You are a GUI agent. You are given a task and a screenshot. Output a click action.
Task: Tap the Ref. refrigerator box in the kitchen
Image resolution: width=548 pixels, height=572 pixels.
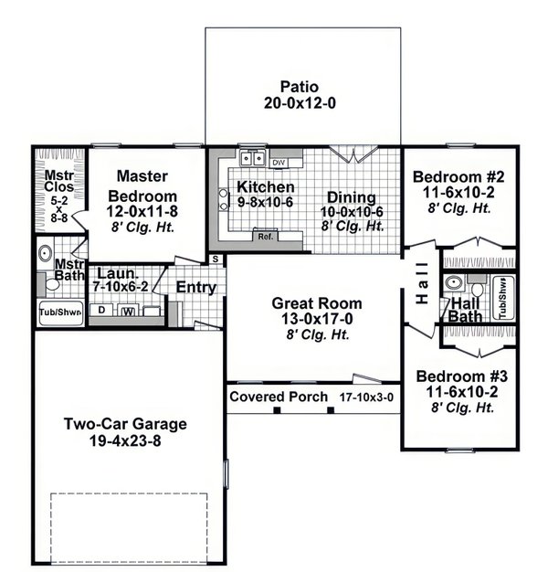(266, 237)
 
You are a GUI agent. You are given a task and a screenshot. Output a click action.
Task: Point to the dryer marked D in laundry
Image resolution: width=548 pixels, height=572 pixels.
(101, 311)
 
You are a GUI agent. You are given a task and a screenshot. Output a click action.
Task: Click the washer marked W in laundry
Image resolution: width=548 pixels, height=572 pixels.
(128, 311)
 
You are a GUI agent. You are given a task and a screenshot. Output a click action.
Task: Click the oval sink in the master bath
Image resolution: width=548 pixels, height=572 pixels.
(44, 252)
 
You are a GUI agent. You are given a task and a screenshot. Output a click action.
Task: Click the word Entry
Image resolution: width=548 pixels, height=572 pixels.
(196, 288)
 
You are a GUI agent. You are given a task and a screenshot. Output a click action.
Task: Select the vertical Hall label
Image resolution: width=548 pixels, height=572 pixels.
(421, 283)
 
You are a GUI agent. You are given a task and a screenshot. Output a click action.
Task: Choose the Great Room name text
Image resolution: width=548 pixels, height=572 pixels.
(317, 303)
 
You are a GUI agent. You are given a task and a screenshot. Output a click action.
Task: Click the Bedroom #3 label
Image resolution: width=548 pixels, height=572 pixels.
(457, 376)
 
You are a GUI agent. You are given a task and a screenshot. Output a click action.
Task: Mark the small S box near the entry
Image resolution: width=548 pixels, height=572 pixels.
(216, 260)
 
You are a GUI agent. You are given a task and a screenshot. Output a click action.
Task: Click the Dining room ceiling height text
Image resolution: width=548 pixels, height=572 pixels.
(353, 225)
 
